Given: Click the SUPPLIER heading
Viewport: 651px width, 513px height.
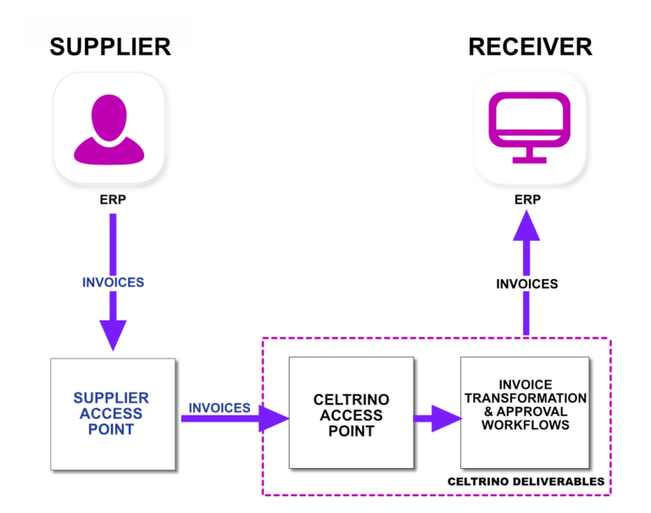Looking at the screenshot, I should pyautogui.click(x=110, y=47).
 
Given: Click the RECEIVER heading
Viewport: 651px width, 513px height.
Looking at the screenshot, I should pyautogui.click(x=531, y=47).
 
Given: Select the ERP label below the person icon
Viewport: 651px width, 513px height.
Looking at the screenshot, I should pyautogui.click(x=111, y=202).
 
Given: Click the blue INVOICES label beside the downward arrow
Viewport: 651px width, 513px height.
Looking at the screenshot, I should pyautogui.click(x=113, y=282).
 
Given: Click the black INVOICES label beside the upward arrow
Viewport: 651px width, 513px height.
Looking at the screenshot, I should pyautogui.click(x=526, y=284).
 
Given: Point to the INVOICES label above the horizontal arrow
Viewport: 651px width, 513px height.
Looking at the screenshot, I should pyautogui.click(x=220, y=408).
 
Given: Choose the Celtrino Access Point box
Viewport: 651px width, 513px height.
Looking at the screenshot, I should pyautogui.click(x=351, y=413).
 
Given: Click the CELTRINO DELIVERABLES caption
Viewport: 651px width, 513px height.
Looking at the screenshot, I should pyautogui.click(x=526, y=482).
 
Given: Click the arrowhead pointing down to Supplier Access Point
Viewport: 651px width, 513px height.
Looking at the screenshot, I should pyautogui.click(x=113, y=334).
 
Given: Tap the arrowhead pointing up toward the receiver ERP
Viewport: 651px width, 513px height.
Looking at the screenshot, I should pyautogui.click(x=526, y=228).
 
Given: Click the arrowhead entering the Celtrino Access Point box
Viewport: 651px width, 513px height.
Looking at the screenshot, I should pyautogui.click(x=273, y=418).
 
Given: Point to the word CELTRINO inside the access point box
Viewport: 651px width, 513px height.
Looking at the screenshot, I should pyautogui.click(x=351, y=400).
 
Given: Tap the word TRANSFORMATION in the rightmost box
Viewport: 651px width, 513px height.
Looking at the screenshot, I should pyautogui.click(x=525, y=398).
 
